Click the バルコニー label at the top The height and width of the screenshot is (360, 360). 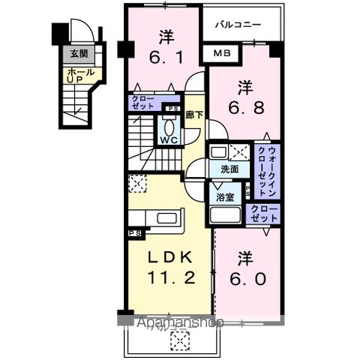[x=238, y=25]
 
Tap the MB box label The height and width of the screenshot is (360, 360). [x=221, y=53]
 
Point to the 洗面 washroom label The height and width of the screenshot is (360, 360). [x=229, y=169]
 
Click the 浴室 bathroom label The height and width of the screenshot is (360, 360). [x=225, y=198]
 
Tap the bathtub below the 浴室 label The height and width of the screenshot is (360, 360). [x=225, y=215]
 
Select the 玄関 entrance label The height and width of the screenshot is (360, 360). [x=79, y=54]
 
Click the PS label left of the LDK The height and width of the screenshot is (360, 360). [x=136, y=234]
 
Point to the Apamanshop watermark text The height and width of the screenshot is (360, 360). [x=181, y=322]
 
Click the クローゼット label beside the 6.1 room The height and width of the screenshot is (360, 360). [x=142, y=103]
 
